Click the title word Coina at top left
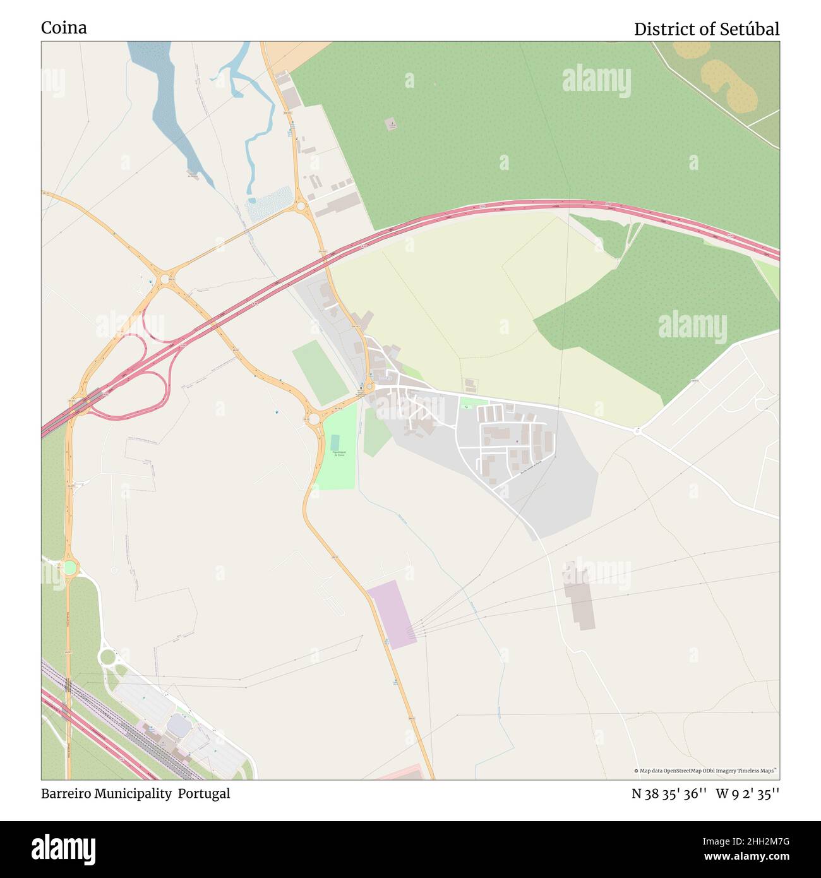[64, 28]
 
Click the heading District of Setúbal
[706, 29]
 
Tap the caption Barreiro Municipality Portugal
[136, 794]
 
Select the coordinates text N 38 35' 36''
[669, 794]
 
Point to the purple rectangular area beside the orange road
[392, 614]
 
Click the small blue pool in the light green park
[334, 442]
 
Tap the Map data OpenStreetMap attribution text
[705, 771]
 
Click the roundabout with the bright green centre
[69, 567]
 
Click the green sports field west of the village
[320, 373]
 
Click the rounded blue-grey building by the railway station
[179, 726]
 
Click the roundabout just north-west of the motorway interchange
[165, 279]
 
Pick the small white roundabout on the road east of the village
[637, 431]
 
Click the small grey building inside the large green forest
[392, 124]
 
